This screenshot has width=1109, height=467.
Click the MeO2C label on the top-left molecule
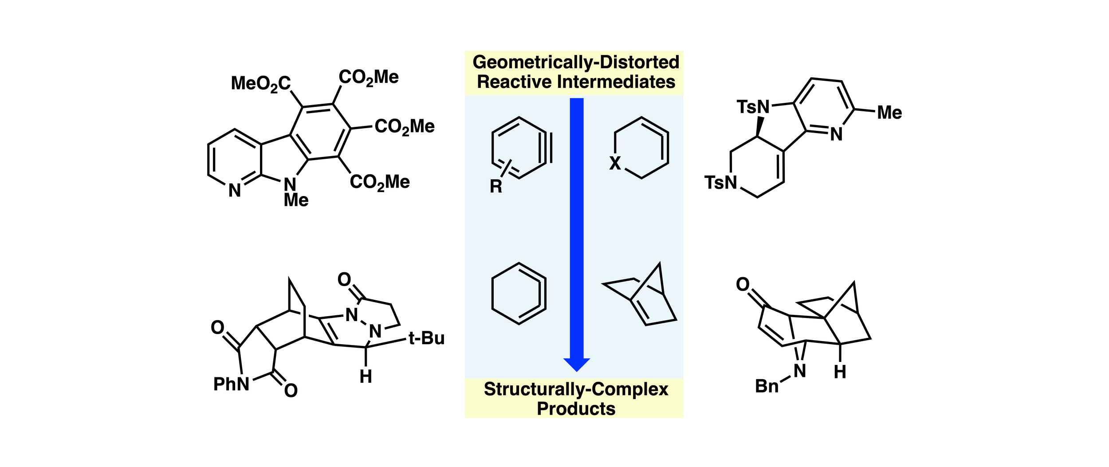click(x=261, y=83)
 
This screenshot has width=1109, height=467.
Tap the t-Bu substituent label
click(x=426, y=338)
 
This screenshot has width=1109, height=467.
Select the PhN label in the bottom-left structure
click(x=231, y=384)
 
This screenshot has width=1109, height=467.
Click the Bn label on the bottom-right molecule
click(x=767, y=386)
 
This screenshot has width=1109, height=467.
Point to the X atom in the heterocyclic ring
click(x=615, y=163)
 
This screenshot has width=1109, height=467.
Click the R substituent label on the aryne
click(x=496, y=186)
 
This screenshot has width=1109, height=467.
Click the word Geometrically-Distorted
click(x=576, y=62)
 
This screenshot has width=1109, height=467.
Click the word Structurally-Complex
click(x=576, y=389)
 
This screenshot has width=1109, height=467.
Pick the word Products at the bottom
click(x=576, y=408)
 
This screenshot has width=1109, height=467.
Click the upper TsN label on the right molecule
click(x=753, y=106)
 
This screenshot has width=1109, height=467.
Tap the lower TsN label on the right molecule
click(x=721, y=182)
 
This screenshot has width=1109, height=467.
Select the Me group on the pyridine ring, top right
click(x=889, y=113)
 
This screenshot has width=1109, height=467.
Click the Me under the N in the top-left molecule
click(x=296, y=200)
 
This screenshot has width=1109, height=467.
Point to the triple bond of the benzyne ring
click(x=545, y=148)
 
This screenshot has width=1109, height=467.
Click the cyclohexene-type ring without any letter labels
click(x=519, y=294)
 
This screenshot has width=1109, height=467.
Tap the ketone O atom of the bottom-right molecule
click(x=743, y=284)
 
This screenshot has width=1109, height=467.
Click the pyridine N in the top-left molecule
click(x=235, y=191)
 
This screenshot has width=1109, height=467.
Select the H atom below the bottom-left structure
click(x=366, y=377)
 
